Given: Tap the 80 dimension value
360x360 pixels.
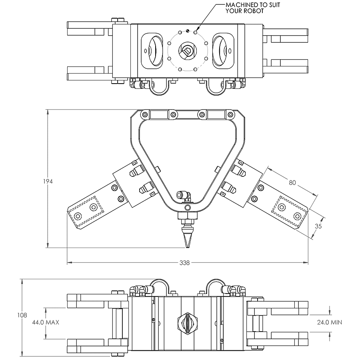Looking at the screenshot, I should (292, 182).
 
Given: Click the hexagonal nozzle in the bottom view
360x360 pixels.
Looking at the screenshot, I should (187, 322).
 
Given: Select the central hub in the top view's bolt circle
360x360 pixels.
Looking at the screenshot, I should (187, 51).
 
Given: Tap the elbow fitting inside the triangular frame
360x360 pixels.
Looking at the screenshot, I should (185, 195).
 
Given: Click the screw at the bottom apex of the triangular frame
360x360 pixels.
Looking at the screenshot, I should (187, 208).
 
